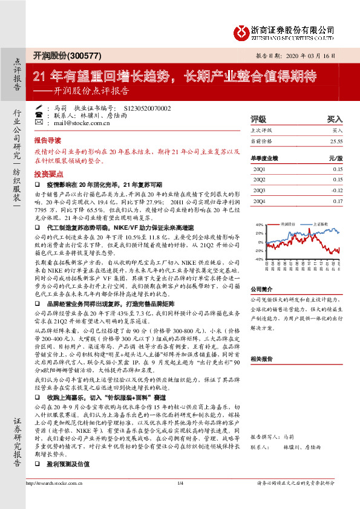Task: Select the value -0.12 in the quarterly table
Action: click(336, 190)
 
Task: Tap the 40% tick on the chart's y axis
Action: click(260, 224)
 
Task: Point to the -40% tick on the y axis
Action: click(259, 259)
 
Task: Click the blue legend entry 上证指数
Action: click(321, 224)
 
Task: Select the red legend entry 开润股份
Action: click(291, 224)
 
